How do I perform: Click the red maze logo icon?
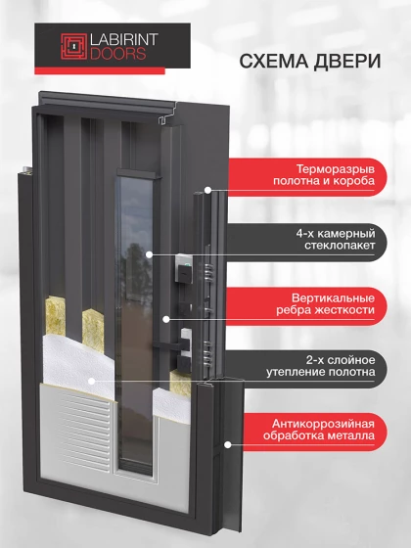click(73, 46)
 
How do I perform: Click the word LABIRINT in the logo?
click(124, 40)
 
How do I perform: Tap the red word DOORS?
click(118, 54)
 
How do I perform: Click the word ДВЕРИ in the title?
click(347, 61)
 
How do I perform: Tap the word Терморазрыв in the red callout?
click(336, 169)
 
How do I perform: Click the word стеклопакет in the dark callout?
click(340, 245)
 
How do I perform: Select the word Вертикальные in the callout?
click(333, 298)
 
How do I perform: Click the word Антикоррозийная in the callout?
click(323, 424)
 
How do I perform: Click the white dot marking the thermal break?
click(207, 191)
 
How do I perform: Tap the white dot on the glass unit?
click(149, 254)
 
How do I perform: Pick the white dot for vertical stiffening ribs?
click(166, 319)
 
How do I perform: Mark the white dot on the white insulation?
click(92, 381)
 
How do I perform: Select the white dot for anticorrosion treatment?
click(227, 445)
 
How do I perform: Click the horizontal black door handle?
click(168, 344)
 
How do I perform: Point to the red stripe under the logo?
click(100, 70)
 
